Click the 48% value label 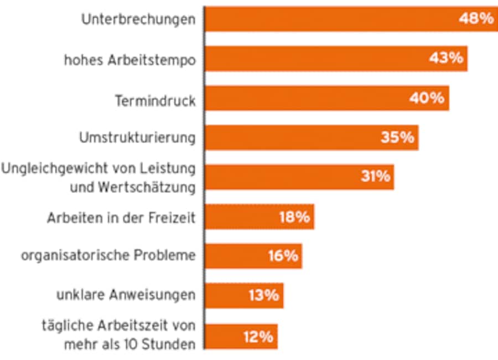tap(476, 18)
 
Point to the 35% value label tap(397, 137)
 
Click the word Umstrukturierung tap(137, 137)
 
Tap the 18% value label tap(294, 217)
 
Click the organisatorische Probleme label tap(108, 256)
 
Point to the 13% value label tap(263, 295)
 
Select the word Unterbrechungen tap(138, 19)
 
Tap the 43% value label tap(446, 58)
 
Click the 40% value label tap(427, 98)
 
